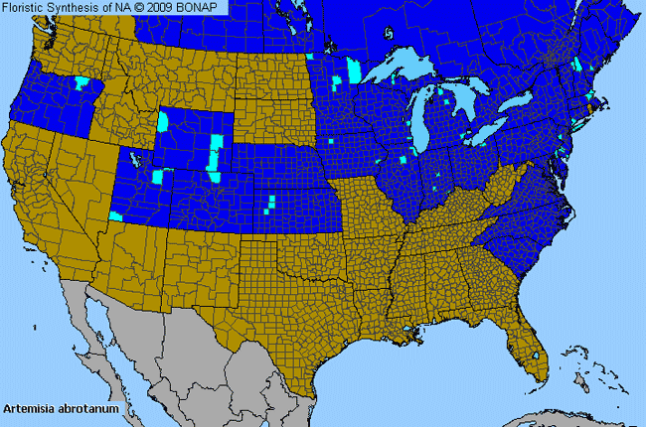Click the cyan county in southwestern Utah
point(116,214)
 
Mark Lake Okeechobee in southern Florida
point(538,355)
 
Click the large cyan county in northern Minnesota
point(355,71)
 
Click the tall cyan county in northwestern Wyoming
point(164,122)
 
